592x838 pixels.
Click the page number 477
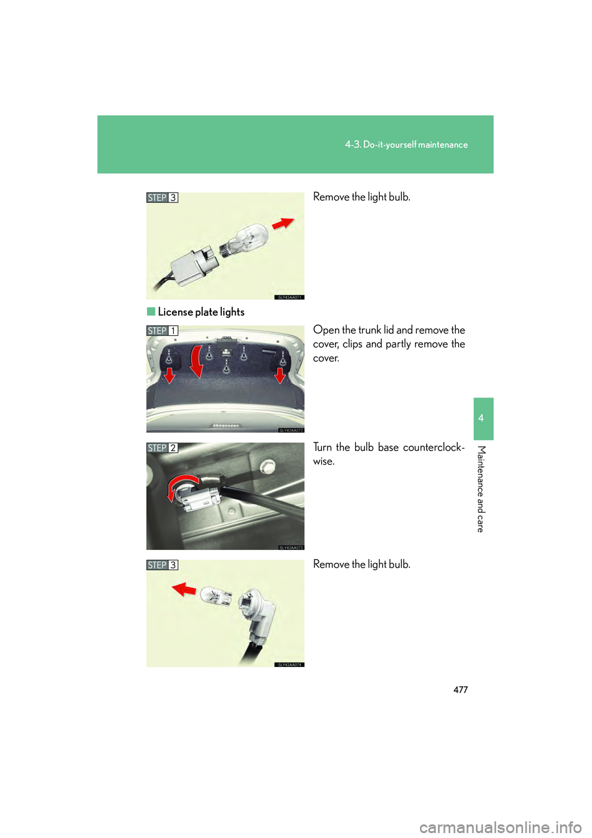pyautogui.click(x=461, y=690)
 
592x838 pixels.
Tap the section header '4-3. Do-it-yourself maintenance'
pyautogui.click(x=406, y=144)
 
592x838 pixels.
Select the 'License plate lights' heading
pyautogui.click(x=201, y=312)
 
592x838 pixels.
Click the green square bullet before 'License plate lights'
pyautogui.click(x=151, y=312)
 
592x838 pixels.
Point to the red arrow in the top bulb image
pyautogui.click(x=284, y=223)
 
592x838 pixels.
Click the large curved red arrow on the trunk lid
pyautogui.click(x=196, y=362)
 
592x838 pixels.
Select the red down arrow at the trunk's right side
pyautogui.click(x=280, y=375)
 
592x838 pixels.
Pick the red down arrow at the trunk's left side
pyautogui.click(x=169, y=375)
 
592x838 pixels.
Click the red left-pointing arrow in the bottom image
pyautogui.click(x=184, y=589)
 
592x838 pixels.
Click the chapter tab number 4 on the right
pyautogui.click(x=481, y=418)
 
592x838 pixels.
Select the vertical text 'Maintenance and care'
pyautogui.click(x=481, y=488)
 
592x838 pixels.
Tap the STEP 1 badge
pyautogui.click(x=162, y=331)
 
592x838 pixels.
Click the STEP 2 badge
pyautogui.click(x=162, y=448)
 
